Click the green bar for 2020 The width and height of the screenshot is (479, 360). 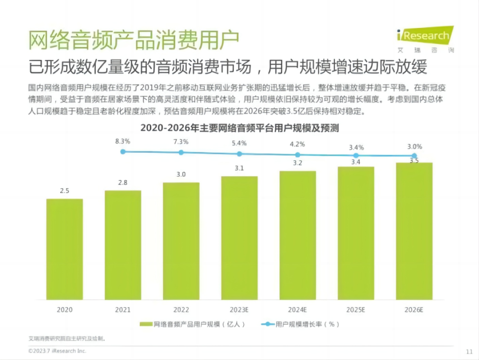(65, 249)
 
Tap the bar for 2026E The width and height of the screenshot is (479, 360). (414, 231)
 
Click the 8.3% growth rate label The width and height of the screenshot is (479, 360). (123, 141)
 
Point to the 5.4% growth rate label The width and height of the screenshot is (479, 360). (239, 143)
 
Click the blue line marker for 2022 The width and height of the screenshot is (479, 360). (181, 152)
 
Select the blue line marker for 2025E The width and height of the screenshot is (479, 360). (356, 155)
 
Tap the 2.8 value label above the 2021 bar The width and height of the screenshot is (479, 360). (123, 183)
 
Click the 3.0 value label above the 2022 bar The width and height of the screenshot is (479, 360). (181, 174)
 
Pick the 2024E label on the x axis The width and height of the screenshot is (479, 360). (298, 310)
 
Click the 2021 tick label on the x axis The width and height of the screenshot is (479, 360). (123, 310)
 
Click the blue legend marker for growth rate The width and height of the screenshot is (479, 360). (267, 324)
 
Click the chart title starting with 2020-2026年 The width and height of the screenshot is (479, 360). (239, 128)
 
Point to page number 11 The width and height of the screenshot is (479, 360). (469, 352)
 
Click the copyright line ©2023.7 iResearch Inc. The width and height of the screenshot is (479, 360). (57, 351)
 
